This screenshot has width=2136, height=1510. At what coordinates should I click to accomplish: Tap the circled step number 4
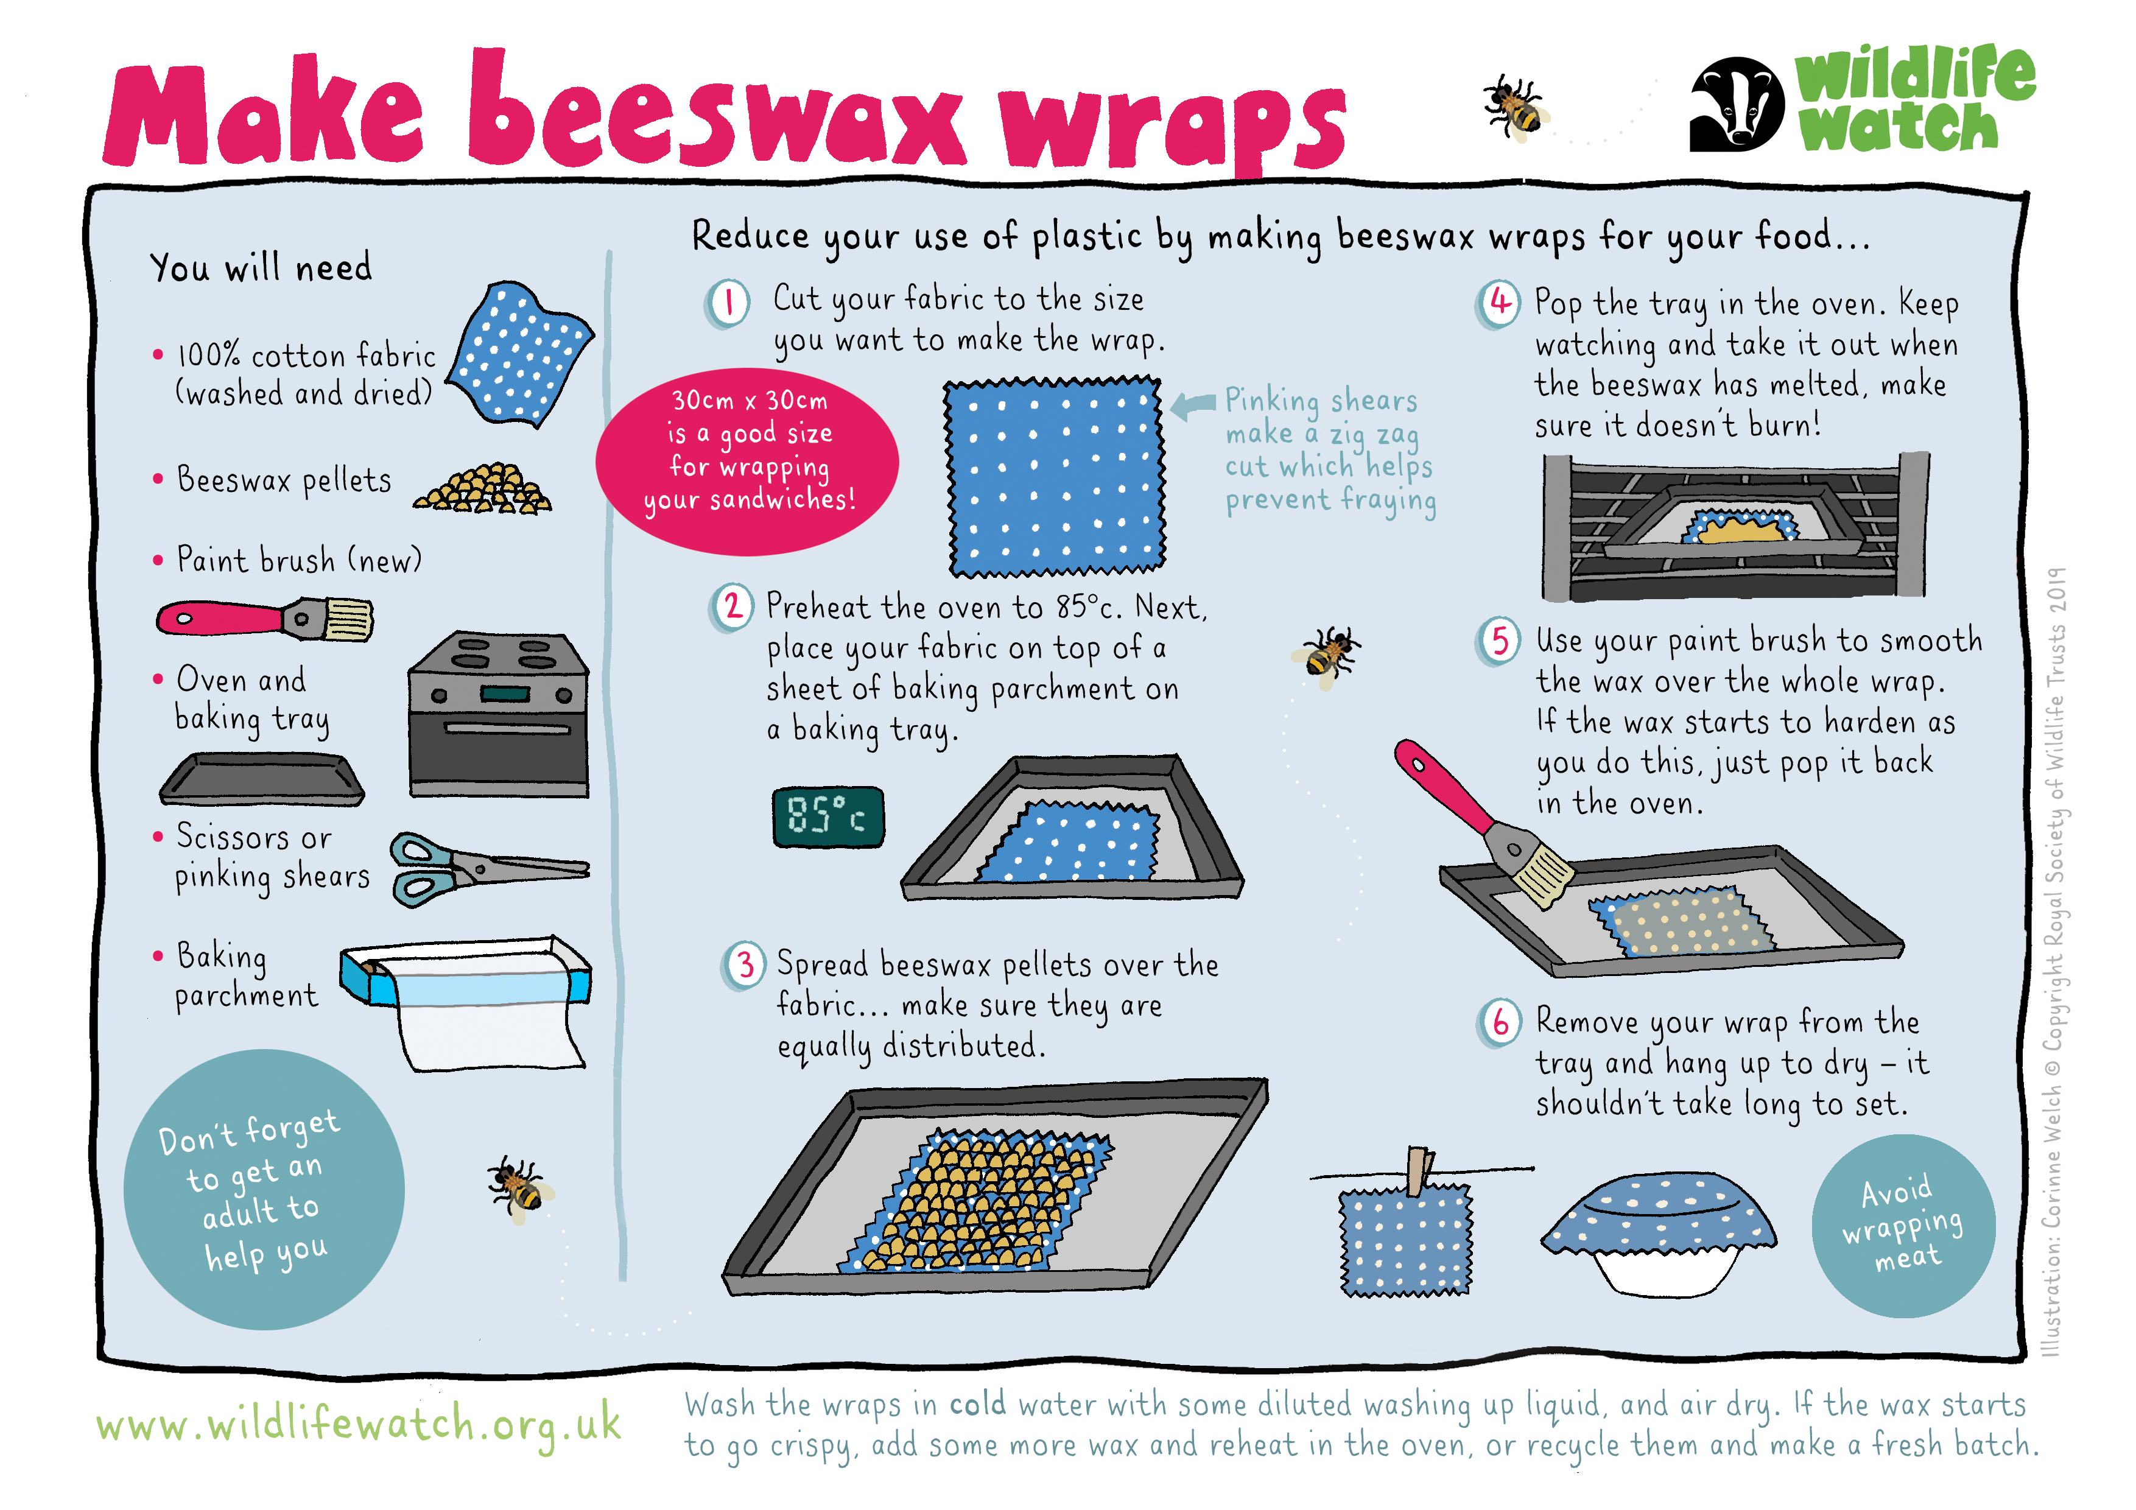[1498, 303]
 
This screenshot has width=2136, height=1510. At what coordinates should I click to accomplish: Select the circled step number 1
[728, 303]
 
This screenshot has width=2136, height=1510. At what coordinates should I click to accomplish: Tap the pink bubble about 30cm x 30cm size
[747, 462]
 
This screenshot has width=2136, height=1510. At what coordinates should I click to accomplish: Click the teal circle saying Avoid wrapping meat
[1903, 1225]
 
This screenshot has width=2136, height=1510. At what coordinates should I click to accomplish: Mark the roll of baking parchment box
[465, 1000]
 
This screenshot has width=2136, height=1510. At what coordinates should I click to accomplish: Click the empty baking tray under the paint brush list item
[261, 779]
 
